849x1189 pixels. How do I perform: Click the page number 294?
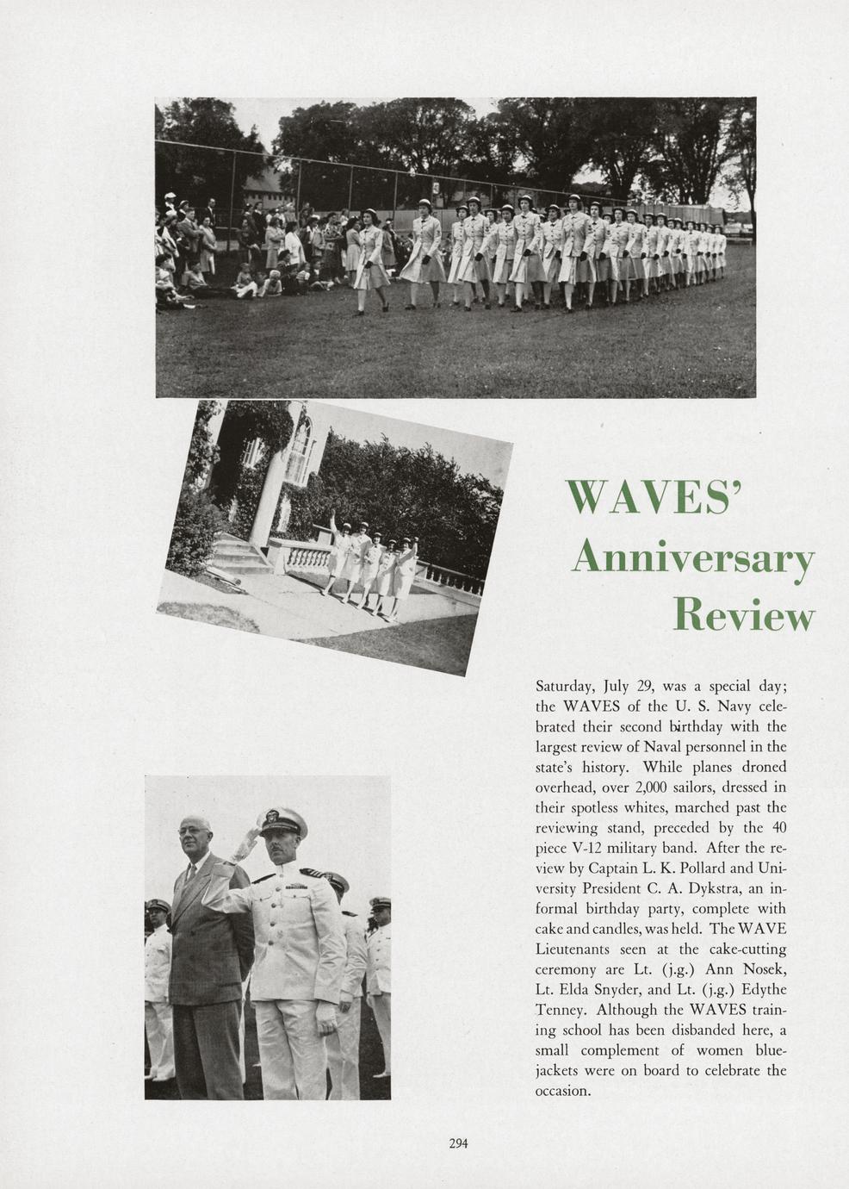[x=458, y=1144]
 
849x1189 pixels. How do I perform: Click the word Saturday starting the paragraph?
[x=566, y=687]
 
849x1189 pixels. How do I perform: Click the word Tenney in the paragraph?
[x=561, y=1010]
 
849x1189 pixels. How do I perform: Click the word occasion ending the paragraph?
[x=563, y=1091]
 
